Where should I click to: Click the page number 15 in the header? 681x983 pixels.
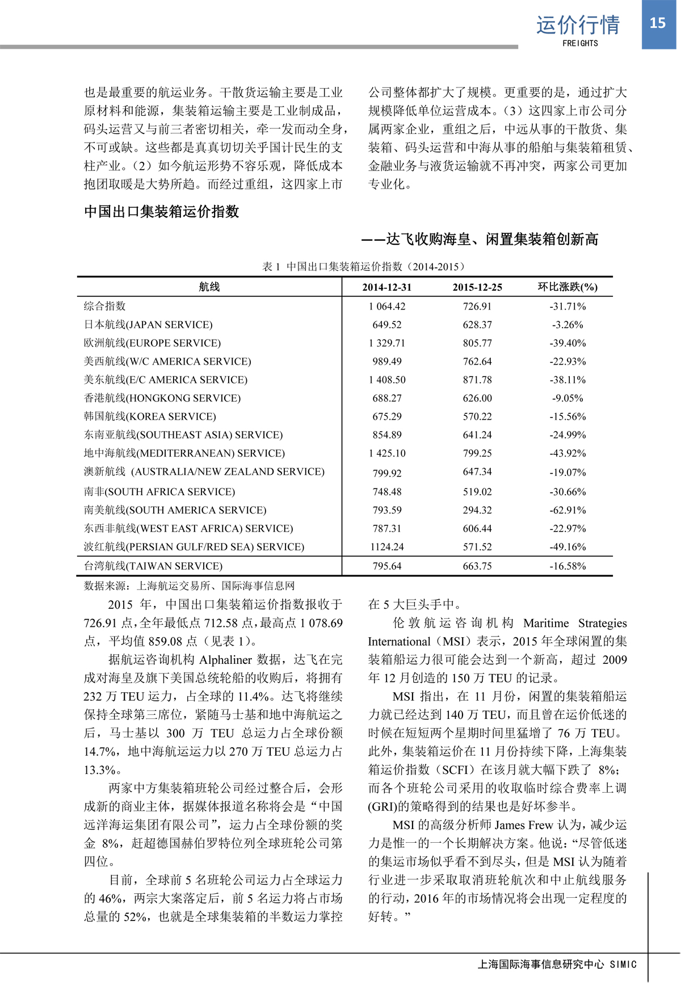657,23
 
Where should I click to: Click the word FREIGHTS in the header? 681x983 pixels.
580,43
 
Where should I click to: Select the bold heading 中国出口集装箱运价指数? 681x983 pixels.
162,212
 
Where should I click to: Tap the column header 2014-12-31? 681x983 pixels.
386,287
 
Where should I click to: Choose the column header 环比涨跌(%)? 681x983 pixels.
567,287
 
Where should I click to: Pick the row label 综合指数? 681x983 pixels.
105,306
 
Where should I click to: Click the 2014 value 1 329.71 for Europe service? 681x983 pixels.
386,343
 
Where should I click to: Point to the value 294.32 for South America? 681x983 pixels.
477,510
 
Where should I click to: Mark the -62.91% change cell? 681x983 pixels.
567,510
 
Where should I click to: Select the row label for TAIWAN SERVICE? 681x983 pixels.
153,566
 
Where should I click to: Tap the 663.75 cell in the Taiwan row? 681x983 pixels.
477,566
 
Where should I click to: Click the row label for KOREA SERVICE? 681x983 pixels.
150,416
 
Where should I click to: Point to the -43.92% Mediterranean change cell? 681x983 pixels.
567,453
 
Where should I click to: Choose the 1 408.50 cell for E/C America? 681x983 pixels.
386,380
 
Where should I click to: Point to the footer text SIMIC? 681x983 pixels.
623,964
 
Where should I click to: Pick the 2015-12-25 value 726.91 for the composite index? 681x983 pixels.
477,307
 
